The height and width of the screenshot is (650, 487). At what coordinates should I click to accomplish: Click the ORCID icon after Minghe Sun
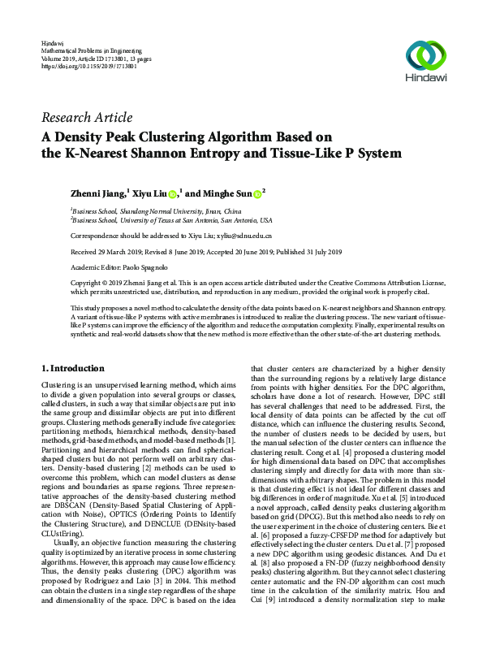(256, 193)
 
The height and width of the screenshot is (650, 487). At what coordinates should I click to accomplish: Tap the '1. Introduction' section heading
(72, 368)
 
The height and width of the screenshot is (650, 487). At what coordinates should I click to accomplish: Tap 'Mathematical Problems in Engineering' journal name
(89, 50)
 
